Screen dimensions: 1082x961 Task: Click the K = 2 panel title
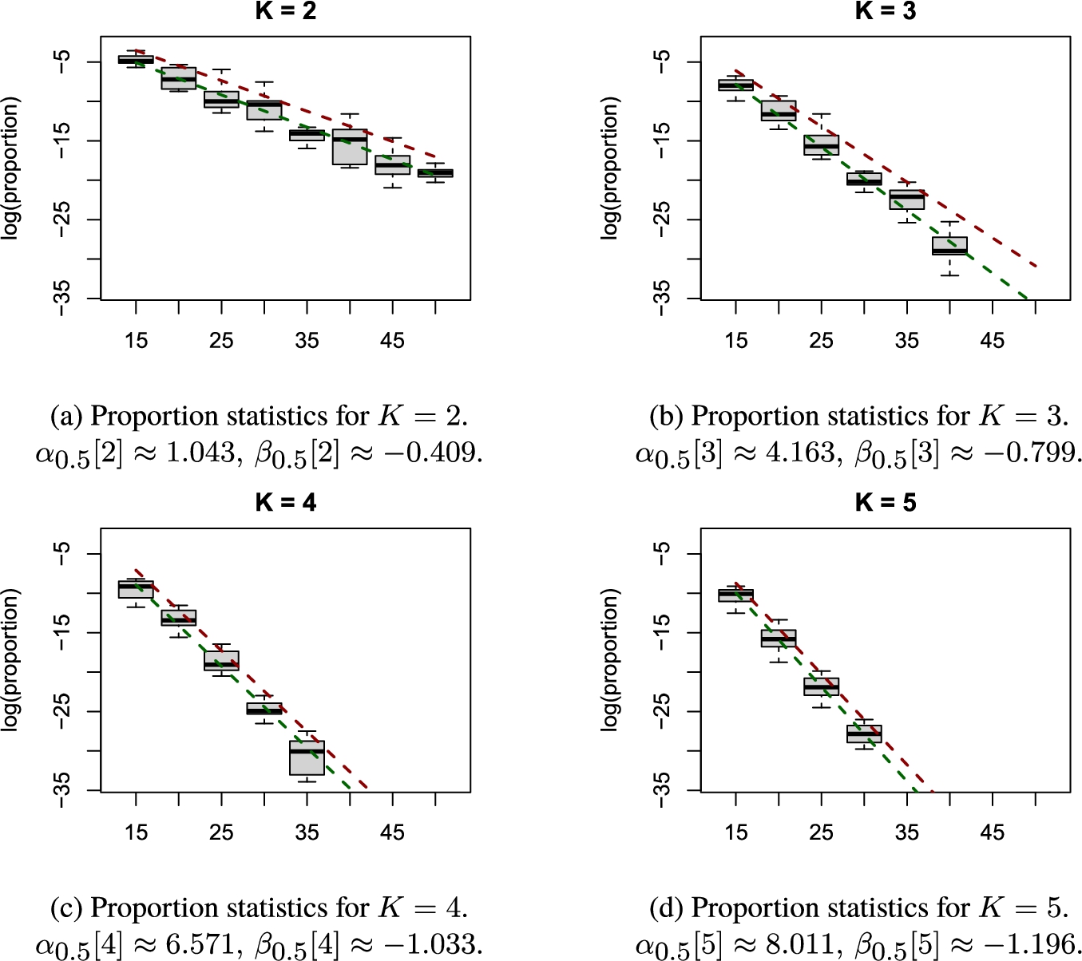286,10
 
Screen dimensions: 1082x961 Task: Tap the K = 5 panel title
886,502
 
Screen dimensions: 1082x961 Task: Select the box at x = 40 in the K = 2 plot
350,147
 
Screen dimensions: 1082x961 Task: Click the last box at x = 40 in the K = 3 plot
949,246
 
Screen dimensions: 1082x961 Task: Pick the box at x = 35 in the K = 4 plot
307,757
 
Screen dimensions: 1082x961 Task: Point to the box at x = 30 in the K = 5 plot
864,734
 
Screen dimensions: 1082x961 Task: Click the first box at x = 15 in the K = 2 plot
136,59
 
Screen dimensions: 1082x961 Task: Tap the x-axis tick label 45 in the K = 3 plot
993,341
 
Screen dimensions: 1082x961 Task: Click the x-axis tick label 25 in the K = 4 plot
221,832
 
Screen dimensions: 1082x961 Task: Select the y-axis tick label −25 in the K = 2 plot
61,219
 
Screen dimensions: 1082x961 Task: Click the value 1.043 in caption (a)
200,453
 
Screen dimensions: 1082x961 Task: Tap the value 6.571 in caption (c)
200,944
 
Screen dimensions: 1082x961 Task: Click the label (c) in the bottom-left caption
66,908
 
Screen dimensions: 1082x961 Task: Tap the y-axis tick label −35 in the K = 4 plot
61,789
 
